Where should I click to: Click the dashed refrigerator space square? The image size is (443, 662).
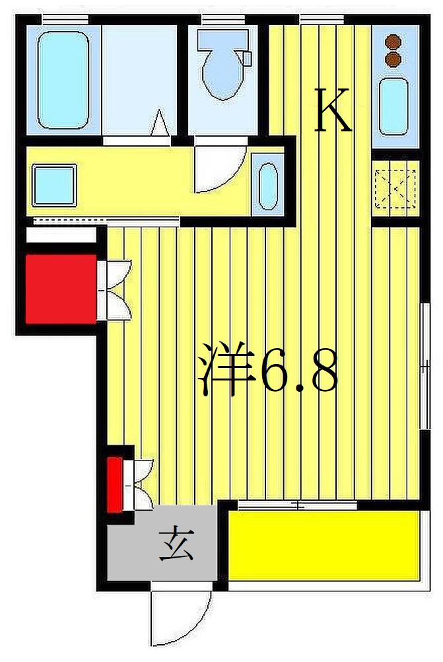[x=395, y=188]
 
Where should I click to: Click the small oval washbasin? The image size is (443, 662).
[x=267, y=184]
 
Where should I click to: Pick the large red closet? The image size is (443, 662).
[x=59, y=289]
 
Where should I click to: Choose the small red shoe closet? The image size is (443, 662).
[x=115, y=484]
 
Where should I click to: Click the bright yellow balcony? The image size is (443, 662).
[x=324, y=545]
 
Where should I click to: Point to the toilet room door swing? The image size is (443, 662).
[x=218, y=168]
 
